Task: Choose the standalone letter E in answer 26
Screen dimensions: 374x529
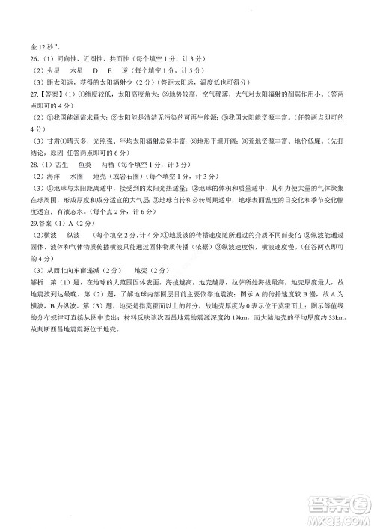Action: pyautogui.click(x=114, y=70)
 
